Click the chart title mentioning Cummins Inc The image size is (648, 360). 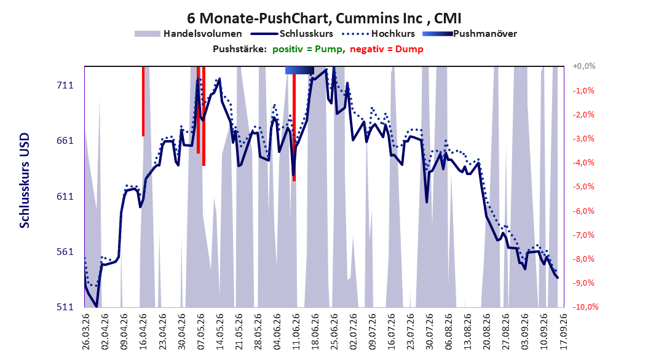[324, 18]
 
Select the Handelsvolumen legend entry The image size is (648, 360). [188, 34]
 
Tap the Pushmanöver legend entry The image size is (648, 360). [470, 34]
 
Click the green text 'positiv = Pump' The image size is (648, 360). [307, 49]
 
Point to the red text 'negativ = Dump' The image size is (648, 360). [387, 49]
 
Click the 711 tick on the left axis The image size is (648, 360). [65, 85]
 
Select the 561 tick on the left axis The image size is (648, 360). [65, 251]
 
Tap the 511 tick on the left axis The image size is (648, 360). [65, 307]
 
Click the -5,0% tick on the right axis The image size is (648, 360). [583, 187]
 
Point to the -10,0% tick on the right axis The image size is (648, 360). [585, 307]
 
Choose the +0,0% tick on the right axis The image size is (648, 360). [584, 66]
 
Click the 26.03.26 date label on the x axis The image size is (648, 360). [86, 332]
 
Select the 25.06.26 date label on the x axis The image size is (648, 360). [334, 332]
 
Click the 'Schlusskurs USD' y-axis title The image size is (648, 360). [25, 181]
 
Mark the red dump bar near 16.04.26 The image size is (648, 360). [143, 101]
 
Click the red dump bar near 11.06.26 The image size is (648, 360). [294, 128]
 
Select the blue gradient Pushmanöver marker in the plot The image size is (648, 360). [299, 71]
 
